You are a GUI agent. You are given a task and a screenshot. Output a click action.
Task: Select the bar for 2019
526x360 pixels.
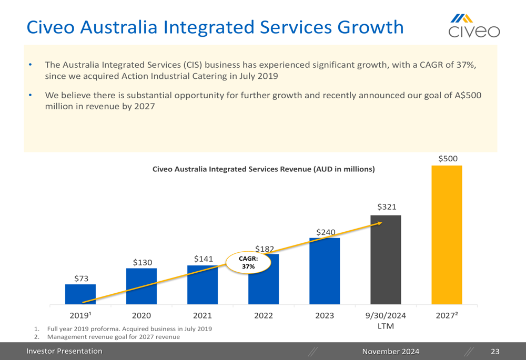tap(80, 294)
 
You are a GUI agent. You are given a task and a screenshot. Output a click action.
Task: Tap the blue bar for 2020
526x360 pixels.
tap(141, 286)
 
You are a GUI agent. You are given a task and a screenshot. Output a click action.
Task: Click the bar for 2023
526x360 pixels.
tap(325, 271)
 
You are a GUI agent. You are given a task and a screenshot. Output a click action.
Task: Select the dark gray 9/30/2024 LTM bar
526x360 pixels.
tap(386, 260)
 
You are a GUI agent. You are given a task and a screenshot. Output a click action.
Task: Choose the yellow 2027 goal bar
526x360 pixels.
tap(447, 235)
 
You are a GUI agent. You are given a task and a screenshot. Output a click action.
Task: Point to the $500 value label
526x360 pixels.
tap(448, 158)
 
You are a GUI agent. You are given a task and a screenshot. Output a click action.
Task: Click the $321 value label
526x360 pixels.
tap(387, 207)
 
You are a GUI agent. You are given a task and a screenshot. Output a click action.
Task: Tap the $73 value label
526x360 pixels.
tap(81, 279)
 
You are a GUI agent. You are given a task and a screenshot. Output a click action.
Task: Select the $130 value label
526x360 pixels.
tap(142, 262)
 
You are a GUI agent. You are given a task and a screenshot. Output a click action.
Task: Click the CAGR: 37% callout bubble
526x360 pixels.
tap(248, 262)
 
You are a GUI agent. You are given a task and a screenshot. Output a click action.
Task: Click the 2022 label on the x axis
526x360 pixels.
tap(264, 315)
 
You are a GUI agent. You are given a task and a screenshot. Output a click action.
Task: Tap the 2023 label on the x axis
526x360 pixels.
tap(325, 315)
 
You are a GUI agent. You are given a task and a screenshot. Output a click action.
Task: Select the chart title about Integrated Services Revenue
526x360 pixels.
tap(263, 169)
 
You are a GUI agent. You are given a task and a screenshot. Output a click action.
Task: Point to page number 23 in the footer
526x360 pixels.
tap(494, 351)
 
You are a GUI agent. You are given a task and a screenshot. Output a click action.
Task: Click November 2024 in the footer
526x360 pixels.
tap(391, 351)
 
